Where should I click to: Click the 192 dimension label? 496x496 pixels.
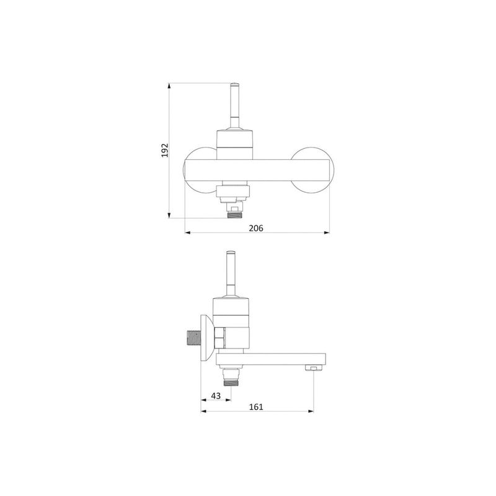tap(165, 150)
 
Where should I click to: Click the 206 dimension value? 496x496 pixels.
tap(256, 228)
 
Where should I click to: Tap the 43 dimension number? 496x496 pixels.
tap(216, 396)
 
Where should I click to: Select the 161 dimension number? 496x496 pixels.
tap(256, 407)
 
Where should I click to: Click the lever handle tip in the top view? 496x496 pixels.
tap(234, 86)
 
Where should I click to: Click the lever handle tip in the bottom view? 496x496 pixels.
tap(231, 253)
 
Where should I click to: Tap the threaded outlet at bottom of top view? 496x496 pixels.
tap(234, 215)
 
